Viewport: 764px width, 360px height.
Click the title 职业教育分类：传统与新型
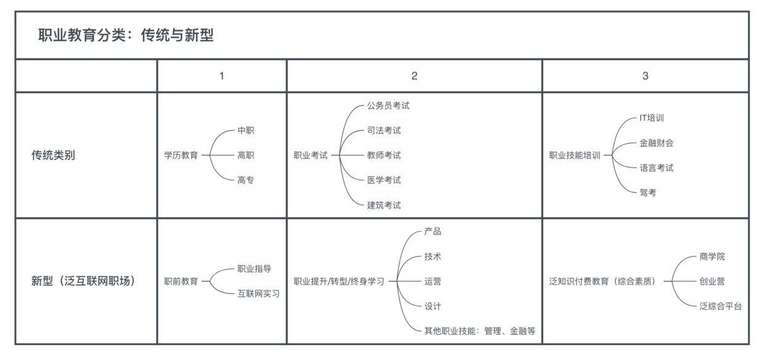point(126,35)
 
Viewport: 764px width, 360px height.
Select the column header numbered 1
point(222,76)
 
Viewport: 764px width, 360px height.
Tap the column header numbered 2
point(415,76)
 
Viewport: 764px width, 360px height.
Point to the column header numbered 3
point(645,76)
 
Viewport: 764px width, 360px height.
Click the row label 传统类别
point(53,155)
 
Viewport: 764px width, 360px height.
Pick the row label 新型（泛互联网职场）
point(84,281)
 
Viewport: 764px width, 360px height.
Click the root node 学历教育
point(181,155)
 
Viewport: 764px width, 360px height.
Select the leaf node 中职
point(246,130)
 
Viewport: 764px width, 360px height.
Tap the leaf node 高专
point(246,180)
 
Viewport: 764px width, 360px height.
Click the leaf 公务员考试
point(388,106)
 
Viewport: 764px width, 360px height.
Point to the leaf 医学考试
point(384,180)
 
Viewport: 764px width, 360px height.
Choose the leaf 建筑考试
point(384,205)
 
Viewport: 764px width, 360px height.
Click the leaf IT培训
point(652,118)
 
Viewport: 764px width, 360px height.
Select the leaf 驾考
point(648,193)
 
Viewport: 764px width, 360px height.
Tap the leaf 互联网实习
point(259,293)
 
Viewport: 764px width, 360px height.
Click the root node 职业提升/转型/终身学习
point(339,281)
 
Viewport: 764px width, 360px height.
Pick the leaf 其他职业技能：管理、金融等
point(480,331)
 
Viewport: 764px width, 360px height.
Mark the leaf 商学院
point(712,256)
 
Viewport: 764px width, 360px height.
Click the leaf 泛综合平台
point(721,306)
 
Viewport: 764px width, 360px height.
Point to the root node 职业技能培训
point(575,155)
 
